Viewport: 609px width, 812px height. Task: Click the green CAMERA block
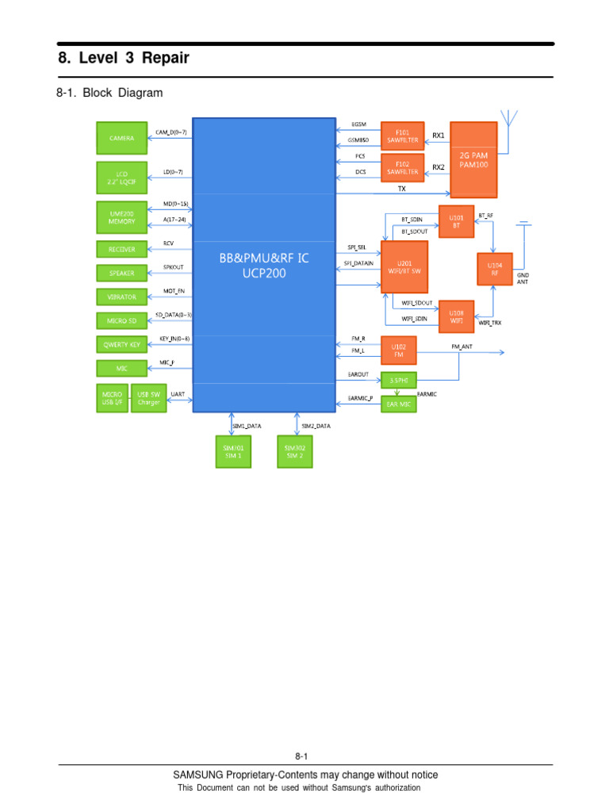121,137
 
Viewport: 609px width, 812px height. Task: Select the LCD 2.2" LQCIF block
121,176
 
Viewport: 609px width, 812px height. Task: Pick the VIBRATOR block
121,297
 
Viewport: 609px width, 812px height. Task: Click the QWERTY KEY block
121,344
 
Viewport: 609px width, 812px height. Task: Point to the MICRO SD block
121,320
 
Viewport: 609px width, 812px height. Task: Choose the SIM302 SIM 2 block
295,452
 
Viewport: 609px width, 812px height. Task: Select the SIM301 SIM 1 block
234,452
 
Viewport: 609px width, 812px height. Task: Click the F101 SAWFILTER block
402,136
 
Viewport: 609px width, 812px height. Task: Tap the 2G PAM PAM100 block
473,159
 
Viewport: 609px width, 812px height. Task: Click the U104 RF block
495,269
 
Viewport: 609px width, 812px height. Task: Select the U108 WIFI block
456,313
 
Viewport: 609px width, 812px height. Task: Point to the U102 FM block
398,350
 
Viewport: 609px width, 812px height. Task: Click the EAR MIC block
398,404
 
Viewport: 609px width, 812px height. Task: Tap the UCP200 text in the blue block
265,273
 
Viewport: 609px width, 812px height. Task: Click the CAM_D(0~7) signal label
170,132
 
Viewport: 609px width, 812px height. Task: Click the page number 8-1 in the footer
301,756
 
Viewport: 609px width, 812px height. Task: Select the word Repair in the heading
164,59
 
